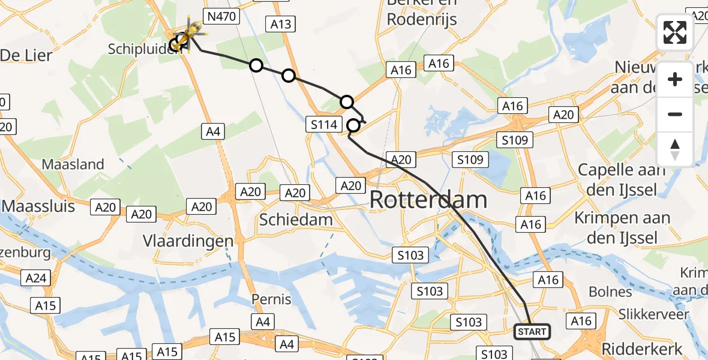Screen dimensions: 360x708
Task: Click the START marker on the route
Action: [x=532, y=332]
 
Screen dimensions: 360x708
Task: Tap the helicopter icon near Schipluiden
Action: [x=191, y=34]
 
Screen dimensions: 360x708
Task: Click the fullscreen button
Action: [x=675, y=32]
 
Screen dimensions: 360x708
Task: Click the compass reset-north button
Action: [x=675, y=149]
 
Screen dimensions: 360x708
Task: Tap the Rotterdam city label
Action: [x=428, y=200]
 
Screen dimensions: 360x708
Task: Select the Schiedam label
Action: [x=296, y=220]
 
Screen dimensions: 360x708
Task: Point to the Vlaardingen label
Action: [x=188, y=241]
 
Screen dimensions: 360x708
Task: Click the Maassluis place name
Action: [x=38, y=206]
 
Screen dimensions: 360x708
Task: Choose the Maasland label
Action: [x=73, y=164]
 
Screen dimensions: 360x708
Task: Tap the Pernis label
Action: [x=271, y=299]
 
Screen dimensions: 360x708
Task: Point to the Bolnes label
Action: [x=610, y=292]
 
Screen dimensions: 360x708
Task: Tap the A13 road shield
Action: [x=280, y=23]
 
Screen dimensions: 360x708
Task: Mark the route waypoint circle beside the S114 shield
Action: [x=354, y=125]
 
